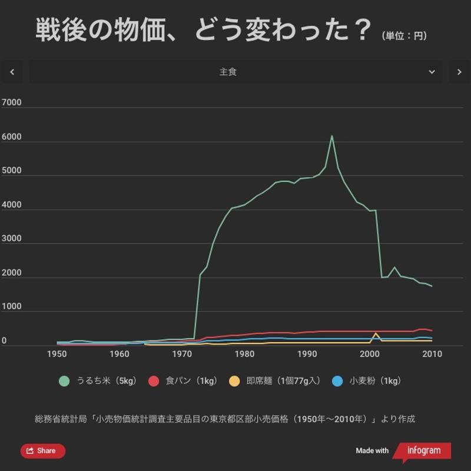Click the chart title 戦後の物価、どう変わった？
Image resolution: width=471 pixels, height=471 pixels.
coord(204,31)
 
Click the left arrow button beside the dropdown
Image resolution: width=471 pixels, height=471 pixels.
coord(12,72)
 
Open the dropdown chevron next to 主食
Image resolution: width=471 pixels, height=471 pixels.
coord(432,72)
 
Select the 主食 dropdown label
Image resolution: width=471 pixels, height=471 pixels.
coord(228,72)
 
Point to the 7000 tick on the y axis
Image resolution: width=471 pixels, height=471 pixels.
coord(12,102)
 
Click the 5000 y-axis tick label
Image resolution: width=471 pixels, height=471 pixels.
coord(12,171)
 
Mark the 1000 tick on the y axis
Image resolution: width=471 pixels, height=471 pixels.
coord(12,307)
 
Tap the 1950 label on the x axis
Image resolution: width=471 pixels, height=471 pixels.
coord(57,354)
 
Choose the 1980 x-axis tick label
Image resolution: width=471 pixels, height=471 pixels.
coord(244,354)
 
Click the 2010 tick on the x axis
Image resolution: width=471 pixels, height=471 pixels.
coord(432,354)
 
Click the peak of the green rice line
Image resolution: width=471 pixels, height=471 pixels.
coord(331,136)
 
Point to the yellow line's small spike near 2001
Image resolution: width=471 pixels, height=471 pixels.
coord(376,333)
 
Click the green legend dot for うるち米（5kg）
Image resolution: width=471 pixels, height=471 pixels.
coord(65,381)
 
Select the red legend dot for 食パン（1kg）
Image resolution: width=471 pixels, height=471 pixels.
coord(154,381)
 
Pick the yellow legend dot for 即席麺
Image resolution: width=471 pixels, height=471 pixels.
coord(234,381)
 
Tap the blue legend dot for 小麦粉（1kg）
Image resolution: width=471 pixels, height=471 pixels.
coord(337,381)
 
